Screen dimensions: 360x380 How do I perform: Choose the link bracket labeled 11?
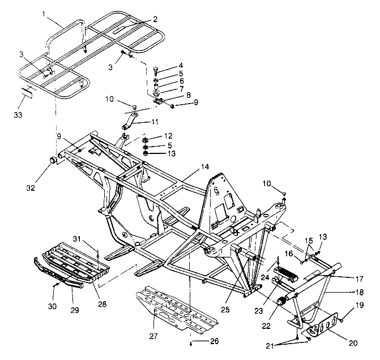click(131, 120)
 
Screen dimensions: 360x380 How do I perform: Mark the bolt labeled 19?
click(341, 321)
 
